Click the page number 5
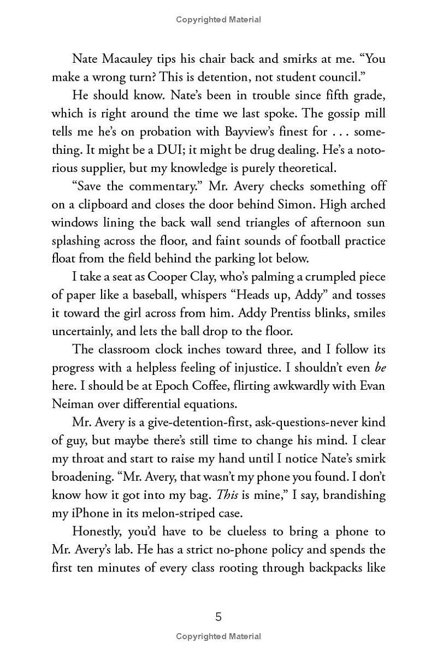218,617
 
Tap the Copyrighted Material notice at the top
218,20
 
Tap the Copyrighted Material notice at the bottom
218,636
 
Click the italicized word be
380,367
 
